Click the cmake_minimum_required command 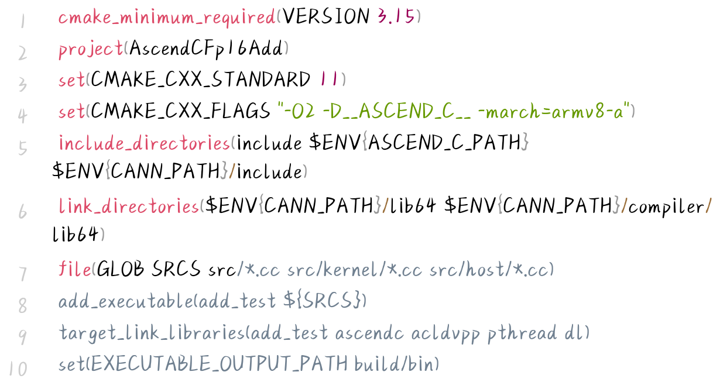166,17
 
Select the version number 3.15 396,17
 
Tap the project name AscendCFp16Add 206,49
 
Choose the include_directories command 145,143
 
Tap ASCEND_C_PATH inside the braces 445,143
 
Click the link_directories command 129,206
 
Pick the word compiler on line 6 666,206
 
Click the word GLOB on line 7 120,270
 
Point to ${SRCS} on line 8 323,301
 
